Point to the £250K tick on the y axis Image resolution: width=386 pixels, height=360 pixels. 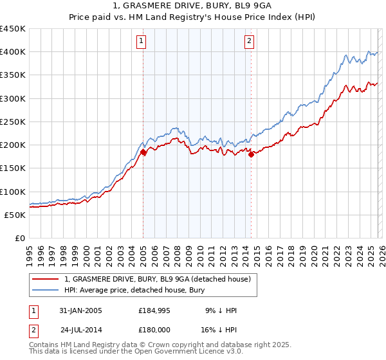13,122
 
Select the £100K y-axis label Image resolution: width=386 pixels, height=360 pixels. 13,192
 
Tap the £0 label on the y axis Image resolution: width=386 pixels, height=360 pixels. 19,239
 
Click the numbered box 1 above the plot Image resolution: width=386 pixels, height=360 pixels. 142,42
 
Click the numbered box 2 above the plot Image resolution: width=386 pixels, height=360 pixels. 249,42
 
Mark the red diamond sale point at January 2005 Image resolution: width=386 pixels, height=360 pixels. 143,152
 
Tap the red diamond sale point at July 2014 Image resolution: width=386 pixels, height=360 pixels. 251,154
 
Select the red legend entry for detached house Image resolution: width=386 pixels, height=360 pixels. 161,278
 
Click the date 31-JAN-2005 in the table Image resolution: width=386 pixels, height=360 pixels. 80,310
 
